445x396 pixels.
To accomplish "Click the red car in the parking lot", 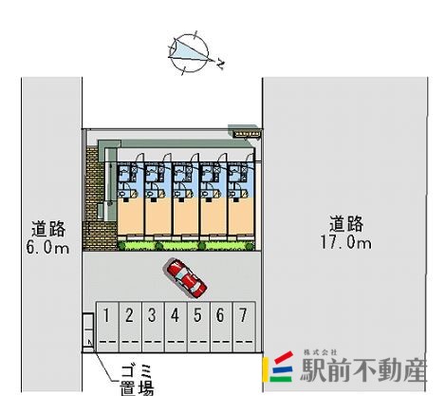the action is coord(187,278).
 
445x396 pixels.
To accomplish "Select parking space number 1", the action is coord(107,327).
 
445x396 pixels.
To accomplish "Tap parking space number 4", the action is coord(176,327).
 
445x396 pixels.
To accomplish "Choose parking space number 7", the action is coord(244,327).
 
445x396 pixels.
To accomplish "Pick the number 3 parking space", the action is coord(153,327).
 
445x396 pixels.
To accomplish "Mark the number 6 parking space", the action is coord(221,327).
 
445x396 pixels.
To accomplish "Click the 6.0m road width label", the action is coord(47,247).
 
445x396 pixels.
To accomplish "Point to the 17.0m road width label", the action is coord(346,243).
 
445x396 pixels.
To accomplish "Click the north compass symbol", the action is coord(189,53).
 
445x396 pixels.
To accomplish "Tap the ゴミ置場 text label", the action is coord(137,380).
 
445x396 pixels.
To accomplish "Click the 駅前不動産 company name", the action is coord(363,370).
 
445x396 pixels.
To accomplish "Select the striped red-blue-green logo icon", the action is coord(279,367).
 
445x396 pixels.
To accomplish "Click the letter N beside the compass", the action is coord(220,65).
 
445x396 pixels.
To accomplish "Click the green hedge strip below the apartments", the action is coord(186,246).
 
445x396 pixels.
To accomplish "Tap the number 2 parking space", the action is coord(130,327).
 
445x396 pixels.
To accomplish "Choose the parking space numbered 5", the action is coord(198,327).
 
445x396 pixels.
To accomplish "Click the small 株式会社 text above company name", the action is coord(320,352).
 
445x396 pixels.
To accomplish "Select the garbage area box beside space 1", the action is coord(88,332).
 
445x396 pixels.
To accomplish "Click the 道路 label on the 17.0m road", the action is coord(346,224).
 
